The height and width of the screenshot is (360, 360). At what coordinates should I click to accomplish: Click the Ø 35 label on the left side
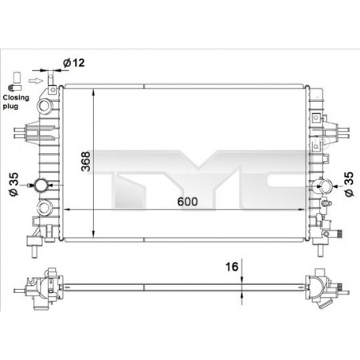click(x=14, y=185)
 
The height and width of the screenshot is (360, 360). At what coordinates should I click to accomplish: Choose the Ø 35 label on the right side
click(x=348, y=183)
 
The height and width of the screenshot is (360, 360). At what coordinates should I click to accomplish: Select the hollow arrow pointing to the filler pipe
click(x=33, y=80)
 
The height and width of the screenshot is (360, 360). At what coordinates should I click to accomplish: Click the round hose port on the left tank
click(x=41, y=186)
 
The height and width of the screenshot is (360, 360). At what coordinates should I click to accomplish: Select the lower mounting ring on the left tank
click(x=45, y=211)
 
